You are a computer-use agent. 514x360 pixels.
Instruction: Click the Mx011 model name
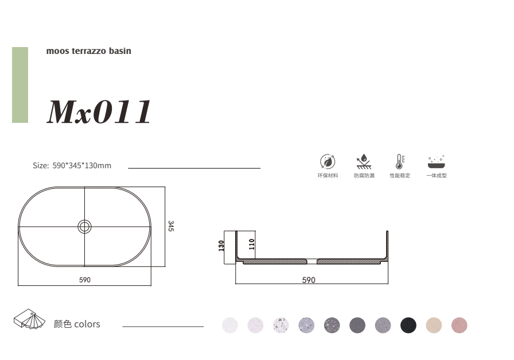[99, 111]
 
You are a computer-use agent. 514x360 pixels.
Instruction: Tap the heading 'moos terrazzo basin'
[88, 51]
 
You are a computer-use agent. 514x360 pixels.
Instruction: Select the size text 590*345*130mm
[82, 165]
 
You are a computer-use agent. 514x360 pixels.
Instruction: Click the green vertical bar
[20, 85]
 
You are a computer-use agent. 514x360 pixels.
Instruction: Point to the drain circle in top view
[84, 226]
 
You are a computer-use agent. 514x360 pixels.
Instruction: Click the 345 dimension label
[171, 226]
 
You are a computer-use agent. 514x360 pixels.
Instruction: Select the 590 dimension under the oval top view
[85, 280]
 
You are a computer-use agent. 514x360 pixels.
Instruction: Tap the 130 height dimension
[221, 246]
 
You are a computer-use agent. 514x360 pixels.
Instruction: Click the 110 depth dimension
[251, 244]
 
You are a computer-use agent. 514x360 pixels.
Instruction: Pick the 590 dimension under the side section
[309, 280]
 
